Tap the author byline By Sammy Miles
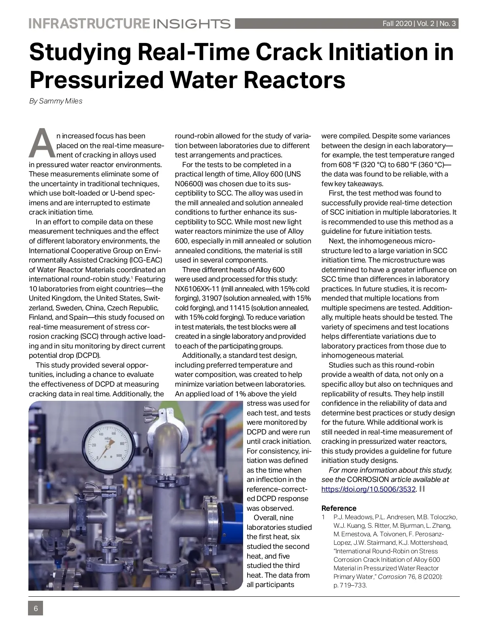tap(56, 101)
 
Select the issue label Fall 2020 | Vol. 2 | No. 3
tap(419, 24)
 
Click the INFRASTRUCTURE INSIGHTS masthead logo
tap(129, 24)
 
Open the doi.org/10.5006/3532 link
tap(368, 489)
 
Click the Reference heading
tap(339, 508)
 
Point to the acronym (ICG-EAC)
tap(145, 260)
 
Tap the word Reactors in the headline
tap(293, 80)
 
